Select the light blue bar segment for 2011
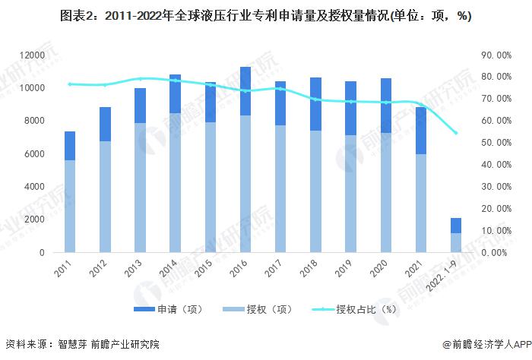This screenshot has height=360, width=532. tap(69, 206)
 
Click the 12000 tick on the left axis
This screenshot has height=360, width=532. tap(31, 55)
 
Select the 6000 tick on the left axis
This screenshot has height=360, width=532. tap(34, 154)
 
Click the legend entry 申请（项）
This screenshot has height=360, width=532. tap(177, 309)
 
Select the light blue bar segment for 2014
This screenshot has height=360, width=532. tap(175, 182)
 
